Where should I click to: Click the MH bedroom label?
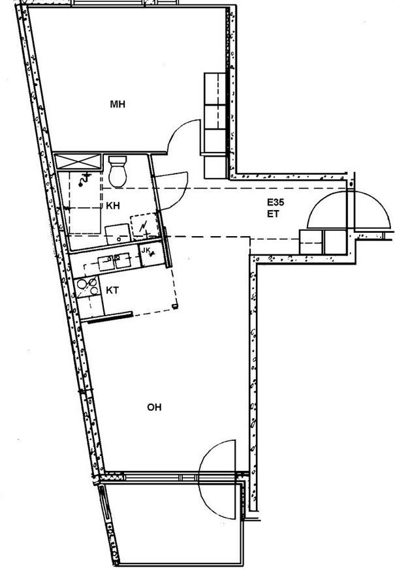point(118,104)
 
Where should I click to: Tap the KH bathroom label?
point(113,205)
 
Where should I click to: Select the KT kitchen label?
point(112,290)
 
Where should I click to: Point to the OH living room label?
point(154,407)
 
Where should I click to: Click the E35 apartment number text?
point(276,203)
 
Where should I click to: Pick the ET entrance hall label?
point(273,215)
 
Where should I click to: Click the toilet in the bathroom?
point(118,171)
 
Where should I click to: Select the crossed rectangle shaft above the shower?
point(78,162)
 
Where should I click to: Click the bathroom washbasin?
point(118,234)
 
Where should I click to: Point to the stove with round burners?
point(87,287)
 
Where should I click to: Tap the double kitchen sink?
point(114,262)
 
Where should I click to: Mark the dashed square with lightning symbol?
point(145,226)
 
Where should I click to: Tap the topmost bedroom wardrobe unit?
point(215,89)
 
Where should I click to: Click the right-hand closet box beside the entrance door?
point(335,242)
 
